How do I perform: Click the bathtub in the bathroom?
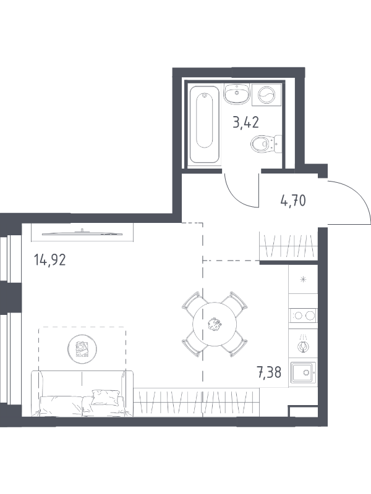pyautogui.click(x=205, y=124)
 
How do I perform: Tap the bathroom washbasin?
pyautogui.click(x=237, y=94)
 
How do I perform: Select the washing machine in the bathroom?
pyautogui.click(x=267, y=94)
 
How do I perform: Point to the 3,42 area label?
pyautogui.click(x=245, y=122)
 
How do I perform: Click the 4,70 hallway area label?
pyautogui.click(x=293, y=200)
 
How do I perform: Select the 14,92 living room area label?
pyautogui.click(x=50, y=260)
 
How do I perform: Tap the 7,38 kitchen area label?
pyautogui.click(x=269, y=373)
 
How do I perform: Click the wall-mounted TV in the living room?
pyautogui.click(x=82, y=233)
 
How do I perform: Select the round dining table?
pyautogui.click(x=215, y=324)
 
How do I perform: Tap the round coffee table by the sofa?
pyautogui.click(x=82, y=349)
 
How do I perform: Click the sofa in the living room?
pyautogui.click(x=82, y=394)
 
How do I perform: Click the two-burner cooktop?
pyautogui.click(x=303, y=316)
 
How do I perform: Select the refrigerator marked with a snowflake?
pyautogui.click(x=303, y=279)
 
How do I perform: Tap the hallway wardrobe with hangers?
pyautogui.click(x=288, y=246)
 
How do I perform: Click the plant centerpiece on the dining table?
pyautogui.click(x=215, y=324)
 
